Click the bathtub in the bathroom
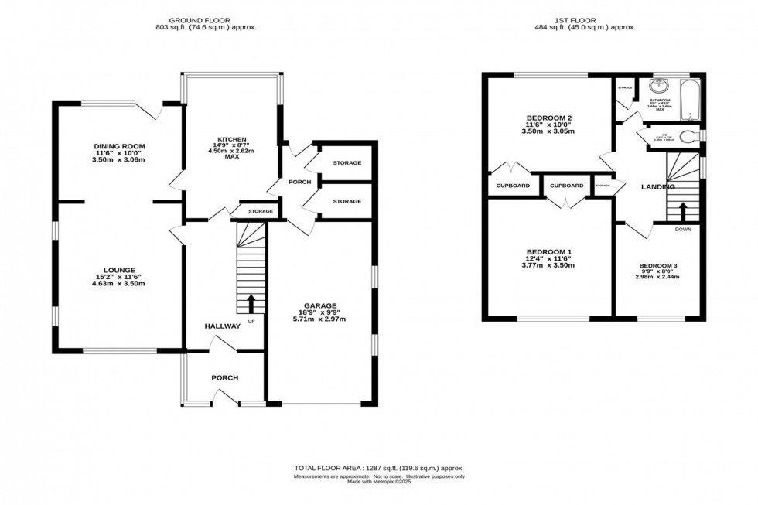688,101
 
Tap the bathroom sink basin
660,87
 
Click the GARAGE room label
324,305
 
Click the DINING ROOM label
119,146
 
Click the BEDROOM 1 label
548,252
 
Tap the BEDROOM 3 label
658,266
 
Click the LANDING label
658,187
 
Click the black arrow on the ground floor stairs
250,302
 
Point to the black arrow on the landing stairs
682,210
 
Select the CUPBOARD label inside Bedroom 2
513,186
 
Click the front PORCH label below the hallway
225,377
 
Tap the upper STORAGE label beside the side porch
347,163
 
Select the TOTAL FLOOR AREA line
378,469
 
